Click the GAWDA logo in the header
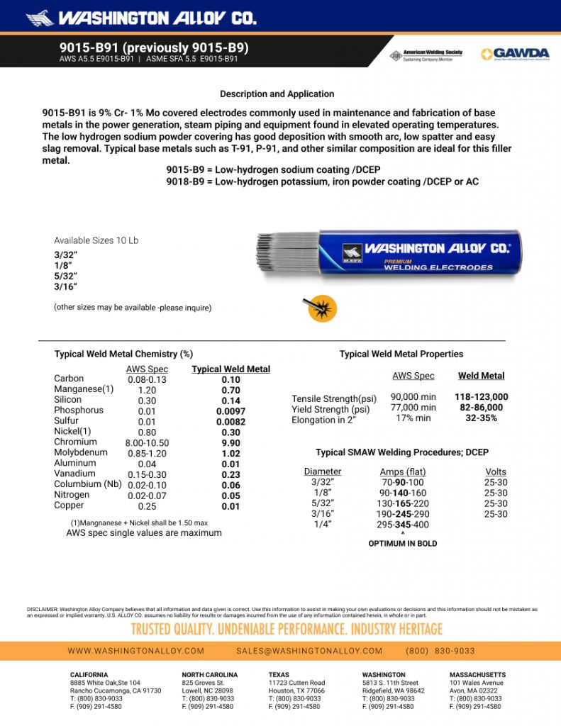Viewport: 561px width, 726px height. (x=515, y=54)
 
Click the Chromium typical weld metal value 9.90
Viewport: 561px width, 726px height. (x=230, y=442)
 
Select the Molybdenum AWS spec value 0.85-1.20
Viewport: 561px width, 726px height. (x=147, y=453)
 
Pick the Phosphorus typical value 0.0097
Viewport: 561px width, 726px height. (x=230, y=411)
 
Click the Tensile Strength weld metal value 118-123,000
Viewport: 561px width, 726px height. (x=481, y=397)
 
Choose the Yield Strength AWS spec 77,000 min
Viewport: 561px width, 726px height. (x=413, y=408)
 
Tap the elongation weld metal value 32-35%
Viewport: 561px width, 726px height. (x=481, y=418)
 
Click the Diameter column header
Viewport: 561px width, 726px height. (x=322, y=471)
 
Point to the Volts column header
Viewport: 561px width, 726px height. (x=496, y=471)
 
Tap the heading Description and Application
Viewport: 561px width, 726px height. (x=277, y=94)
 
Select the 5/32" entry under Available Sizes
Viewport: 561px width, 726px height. (x=66, y=276)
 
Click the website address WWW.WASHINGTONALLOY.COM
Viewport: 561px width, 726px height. (x=136, y=651)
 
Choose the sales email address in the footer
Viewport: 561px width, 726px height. (x=309, y=651)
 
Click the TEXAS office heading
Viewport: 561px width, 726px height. (x=279, y=675)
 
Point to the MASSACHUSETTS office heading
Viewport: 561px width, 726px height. (x=477, y=675)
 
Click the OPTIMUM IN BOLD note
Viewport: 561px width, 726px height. (x=403, y=544)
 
